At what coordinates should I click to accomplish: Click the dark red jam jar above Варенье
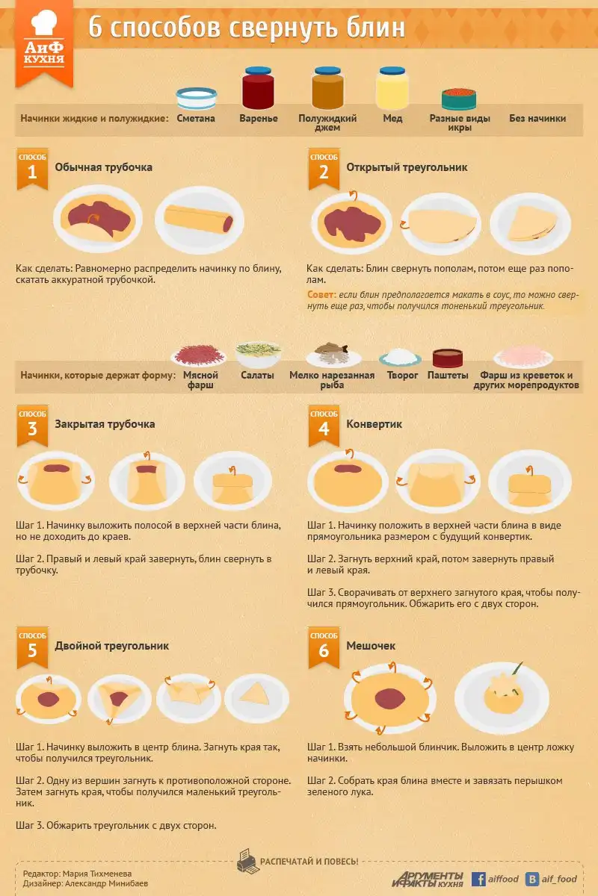pyautogui.click(x=259, y=88)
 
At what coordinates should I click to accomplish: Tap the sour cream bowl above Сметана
pyautogui.click(x=197, y=98)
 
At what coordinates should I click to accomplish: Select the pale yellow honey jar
pyautogui.click(x=392, y=88)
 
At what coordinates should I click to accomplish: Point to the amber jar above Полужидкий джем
pyautogui.click(x=327, y=88)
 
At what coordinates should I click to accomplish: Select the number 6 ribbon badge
pyautogui.click(x=324, y=647)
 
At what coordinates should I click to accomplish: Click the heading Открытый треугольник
pyautogui.click(x=407, y=167)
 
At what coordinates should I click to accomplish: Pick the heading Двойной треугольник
pyautogui.click(x=111, y=646)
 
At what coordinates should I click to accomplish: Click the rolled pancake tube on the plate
pyautogui.click(x=199, y=218)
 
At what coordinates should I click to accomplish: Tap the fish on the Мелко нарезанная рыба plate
pyautogui.click(x=331, y=348)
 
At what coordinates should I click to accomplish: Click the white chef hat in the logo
pyautogui.click(x=44, y=22)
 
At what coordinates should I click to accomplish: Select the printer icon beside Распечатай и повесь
pyautogui.click(x=247, y=861)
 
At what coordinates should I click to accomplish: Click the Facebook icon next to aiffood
pyautogui.click(x=478, y=879)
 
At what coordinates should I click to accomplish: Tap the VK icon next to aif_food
pyautogui.click(x=532, y=879)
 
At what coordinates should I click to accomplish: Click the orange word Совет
pyautogui.click(x=321, y=294)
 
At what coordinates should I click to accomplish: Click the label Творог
pyautogui.click(x=402, y=375)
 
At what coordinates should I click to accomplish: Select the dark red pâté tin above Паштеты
pyautogui.click(x=448, y=358)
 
